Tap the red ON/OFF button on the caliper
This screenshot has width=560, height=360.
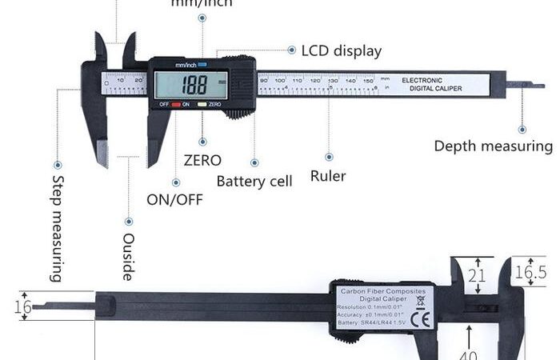click(176, 105)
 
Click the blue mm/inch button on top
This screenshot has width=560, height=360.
click(202, 63)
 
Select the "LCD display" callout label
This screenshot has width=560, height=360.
click(341, 51)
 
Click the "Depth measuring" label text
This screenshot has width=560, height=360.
click(493, 146)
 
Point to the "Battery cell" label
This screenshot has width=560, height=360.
click(254, 181)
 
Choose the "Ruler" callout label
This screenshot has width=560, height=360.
click(328, 176)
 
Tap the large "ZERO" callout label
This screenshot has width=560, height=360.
click(202, 160)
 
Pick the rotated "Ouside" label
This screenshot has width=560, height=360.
click(128, 256)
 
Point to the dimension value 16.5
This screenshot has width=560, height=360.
click(531, 273)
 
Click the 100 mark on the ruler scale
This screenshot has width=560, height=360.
click(280, 80)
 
